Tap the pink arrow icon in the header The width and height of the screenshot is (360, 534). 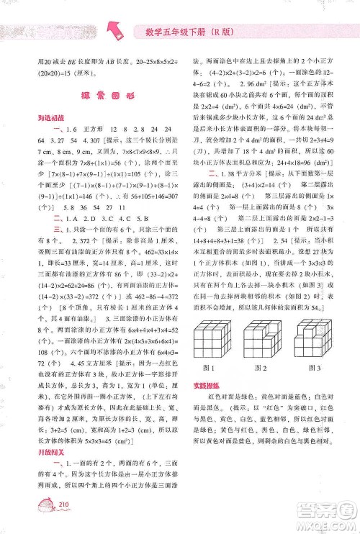pos(116,28)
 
